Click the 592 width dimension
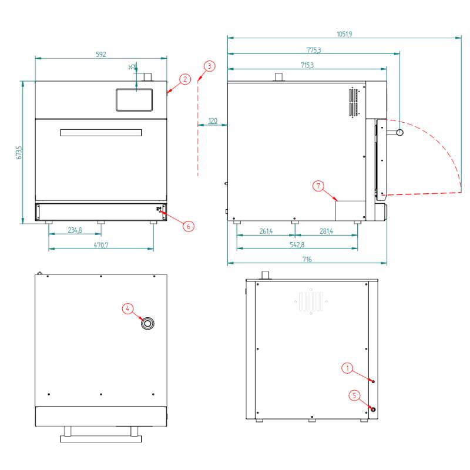pos(101,54)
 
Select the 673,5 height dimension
pos(19,152)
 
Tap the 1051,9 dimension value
pos(344,34)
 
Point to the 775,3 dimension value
pos(314,50)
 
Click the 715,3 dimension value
pos(307,65)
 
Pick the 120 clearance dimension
pos(213,120)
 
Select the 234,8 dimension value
pos(75,230)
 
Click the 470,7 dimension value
pos(101,245)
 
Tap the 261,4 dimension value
pos(266,231)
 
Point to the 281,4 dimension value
pos(326,231)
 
